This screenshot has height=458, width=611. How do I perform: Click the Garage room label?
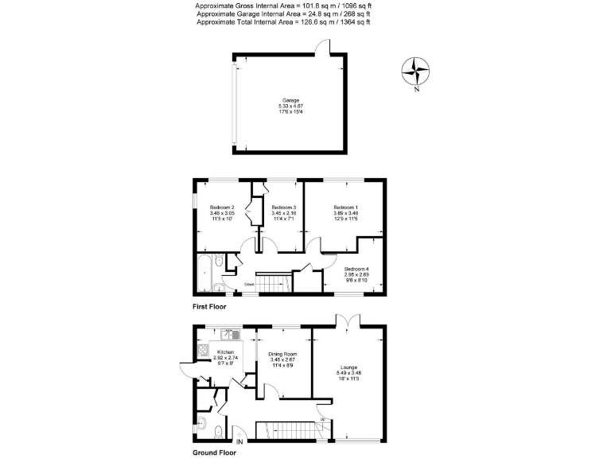click(290, 101)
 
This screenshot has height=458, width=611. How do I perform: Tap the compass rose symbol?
click(415, 72)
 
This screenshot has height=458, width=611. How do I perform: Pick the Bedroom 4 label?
click(356, 269)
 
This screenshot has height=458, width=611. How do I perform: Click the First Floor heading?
click(209, 306)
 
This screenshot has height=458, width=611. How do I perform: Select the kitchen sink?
click(225, 334)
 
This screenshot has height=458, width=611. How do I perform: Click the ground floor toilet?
click(203, 422)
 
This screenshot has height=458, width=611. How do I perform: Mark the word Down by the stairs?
click(249, 282)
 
